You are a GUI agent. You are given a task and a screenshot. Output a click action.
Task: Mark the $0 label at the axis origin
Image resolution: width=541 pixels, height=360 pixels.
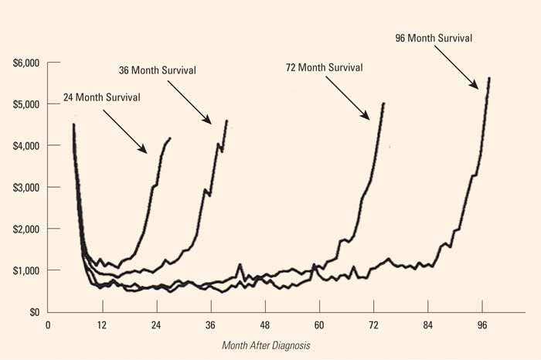tap(33, 312)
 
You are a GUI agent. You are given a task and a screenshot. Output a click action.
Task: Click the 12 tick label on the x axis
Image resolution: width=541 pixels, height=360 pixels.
tap(101, 326)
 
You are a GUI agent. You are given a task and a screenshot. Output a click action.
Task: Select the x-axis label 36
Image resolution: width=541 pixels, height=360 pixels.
tap(210, 326)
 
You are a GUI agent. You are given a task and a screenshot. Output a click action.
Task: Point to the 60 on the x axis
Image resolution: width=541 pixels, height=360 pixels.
tap(318, 326)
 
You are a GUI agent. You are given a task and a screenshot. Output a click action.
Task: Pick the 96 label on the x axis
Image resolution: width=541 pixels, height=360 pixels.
tap(482, 326)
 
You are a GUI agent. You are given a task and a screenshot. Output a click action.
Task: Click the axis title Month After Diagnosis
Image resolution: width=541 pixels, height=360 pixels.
tap(266, 345)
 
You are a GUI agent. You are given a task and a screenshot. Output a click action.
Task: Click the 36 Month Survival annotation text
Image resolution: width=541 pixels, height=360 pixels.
tap(158, 70)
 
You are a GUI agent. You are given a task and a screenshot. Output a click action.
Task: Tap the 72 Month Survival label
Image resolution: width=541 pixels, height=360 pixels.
tap(324, 67)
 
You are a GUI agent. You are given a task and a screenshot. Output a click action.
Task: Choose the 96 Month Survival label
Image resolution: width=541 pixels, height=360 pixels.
tap(433, 37)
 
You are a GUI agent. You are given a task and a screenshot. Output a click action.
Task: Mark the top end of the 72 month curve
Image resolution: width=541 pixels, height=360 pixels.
tap(383, 103)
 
